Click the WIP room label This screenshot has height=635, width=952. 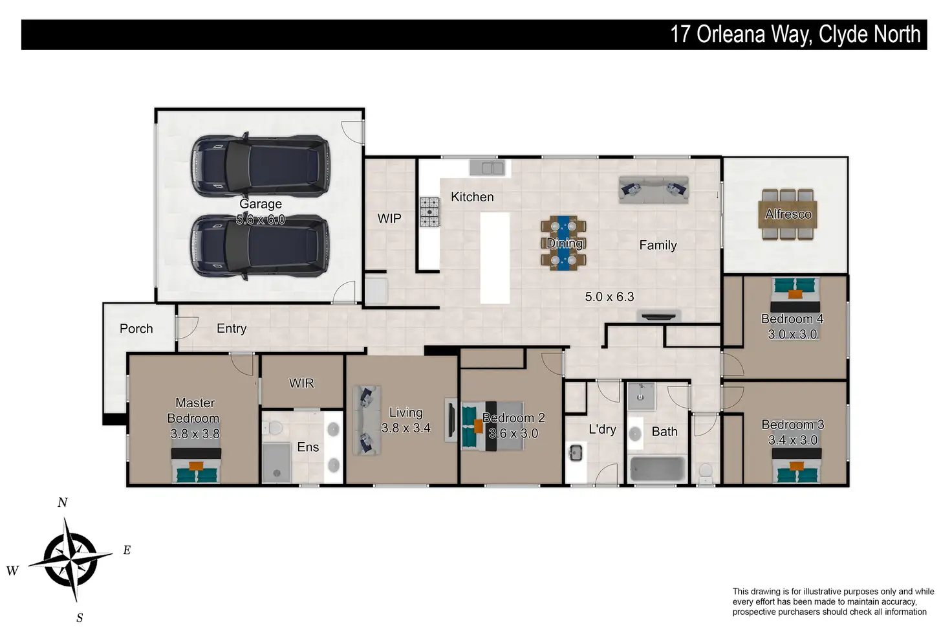389,219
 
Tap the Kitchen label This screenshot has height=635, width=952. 472,197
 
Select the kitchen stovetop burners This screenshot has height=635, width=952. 429,212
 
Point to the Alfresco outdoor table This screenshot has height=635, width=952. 788,214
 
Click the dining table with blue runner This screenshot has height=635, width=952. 563,243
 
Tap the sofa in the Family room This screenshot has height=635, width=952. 654,190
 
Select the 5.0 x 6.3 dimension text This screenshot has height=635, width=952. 609,296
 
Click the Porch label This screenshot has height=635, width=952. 136,328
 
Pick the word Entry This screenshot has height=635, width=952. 232,328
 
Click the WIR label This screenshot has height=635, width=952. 301,383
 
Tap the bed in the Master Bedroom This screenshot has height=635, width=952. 196,465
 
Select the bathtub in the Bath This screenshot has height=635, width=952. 657,469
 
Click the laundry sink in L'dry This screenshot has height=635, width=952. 576,452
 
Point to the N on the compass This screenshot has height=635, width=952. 63,503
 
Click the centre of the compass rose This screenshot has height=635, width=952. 70,559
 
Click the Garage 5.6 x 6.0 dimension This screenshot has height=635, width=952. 261,219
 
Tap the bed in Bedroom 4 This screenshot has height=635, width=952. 795,295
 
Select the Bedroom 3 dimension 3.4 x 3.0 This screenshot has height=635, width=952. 793,440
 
